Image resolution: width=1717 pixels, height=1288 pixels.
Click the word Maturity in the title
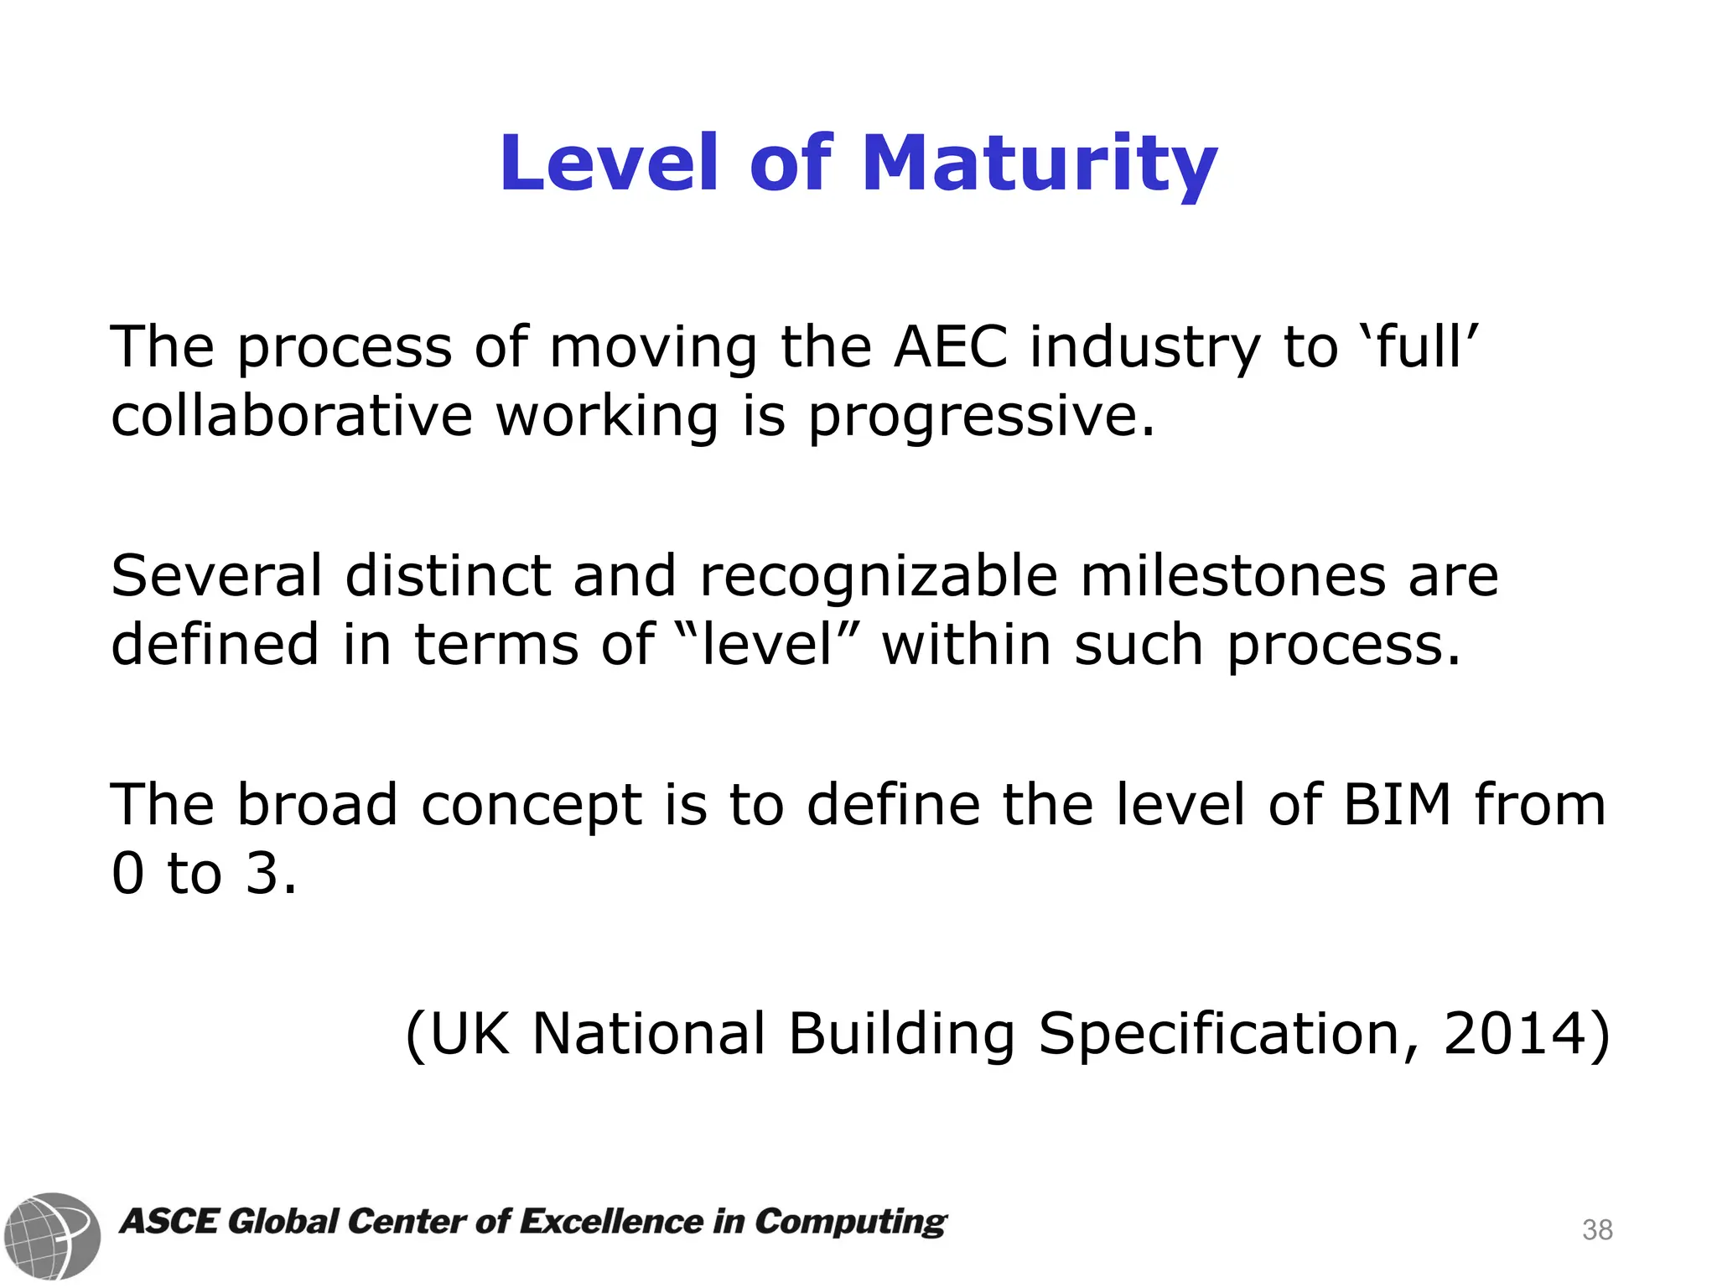pos(1039,164)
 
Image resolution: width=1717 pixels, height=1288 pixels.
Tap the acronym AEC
pos(951,347)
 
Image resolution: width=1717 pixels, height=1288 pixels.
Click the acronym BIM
pos(1397,804)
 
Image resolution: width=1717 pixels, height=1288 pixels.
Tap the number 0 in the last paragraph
pos(128,874)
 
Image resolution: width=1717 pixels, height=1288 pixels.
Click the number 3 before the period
pos(261,874)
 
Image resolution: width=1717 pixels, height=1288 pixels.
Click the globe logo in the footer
pos(52,1235)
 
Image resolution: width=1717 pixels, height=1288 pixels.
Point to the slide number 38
pos(1597,1230)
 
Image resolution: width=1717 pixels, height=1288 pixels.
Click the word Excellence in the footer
pos(611,1222)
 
